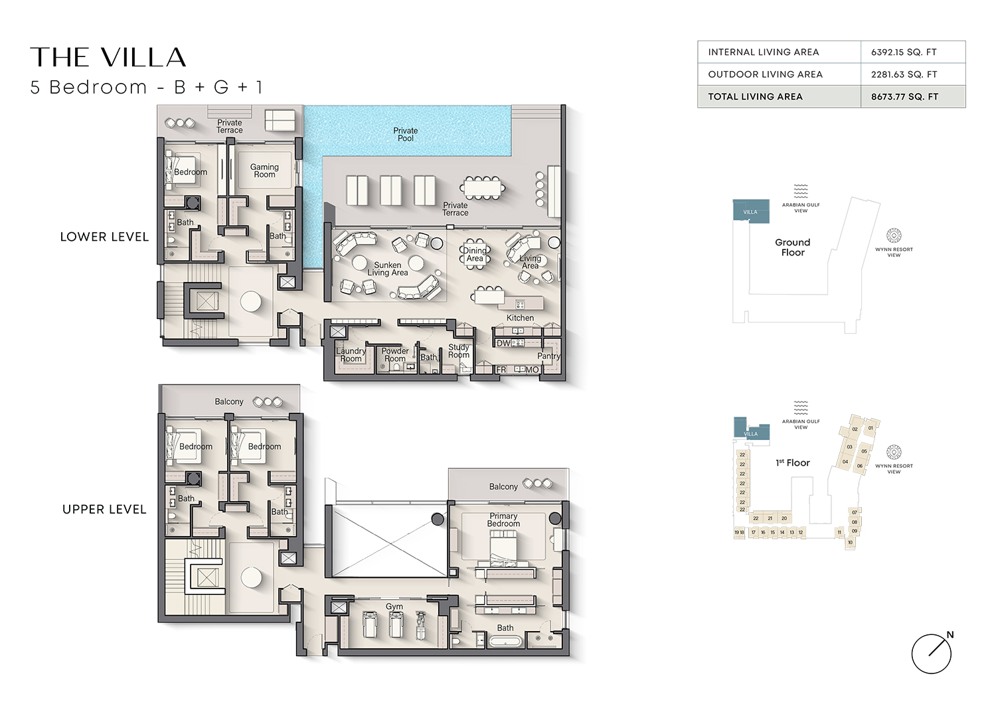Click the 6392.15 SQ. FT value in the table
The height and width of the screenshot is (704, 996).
(x=903, y=52)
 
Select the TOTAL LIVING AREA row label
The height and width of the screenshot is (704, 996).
(x=755, y=97)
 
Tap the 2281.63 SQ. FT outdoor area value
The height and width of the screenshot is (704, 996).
(x=904, y=74)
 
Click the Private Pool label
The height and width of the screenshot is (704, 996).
(x=405, y=135)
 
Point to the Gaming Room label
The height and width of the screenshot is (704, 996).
(x=264, y=171)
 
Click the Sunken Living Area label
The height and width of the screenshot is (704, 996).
(x=388, y=269)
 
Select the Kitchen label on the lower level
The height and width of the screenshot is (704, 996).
(x=520, y=318)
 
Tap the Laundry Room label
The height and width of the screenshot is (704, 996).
(x=351, y=355)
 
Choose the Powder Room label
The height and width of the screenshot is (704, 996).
(x=395, y=355)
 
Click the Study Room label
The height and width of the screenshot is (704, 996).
(x=459, y=351)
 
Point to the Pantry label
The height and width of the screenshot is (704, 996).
(x=548, y=356)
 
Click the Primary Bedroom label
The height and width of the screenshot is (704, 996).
(x=503, y=520)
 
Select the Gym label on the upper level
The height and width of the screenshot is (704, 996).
(x=394, y=606)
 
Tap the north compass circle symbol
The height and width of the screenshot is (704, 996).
(x=931, y=654)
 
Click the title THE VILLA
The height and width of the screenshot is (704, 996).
(x=108, y=58)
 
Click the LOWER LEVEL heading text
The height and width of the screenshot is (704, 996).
(x=104, y=237)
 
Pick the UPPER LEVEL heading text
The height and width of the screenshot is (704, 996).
(x=104, y=510)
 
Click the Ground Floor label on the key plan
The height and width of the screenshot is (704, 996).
(x=792, y=247)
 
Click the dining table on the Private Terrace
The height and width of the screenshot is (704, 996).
(x=483, y=188)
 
